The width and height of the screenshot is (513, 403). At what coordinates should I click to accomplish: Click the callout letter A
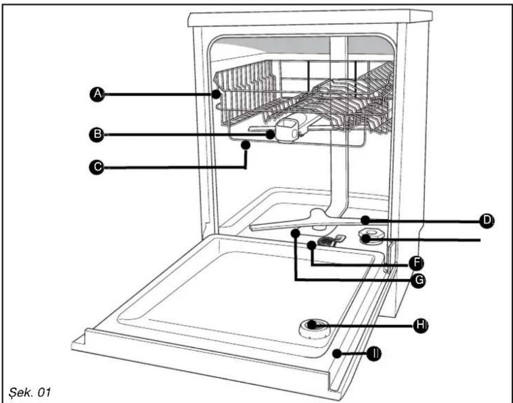click(97, 94)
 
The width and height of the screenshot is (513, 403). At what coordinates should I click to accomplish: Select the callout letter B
click(97, 135)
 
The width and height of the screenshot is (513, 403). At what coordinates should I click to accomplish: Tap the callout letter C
click(97, 167)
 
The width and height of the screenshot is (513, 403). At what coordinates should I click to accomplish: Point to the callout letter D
click(487, 221)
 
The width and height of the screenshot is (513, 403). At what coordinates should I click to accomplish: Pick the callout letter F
click(417, 262)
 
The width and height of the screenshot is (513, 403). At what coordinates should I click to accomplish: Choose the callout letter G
click(419, 280)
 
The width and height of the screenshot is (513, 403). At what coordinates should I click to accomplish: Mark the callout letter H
click(420, 325)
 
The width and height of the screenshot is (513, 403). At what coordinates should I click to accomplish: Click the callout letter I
click(374, 353)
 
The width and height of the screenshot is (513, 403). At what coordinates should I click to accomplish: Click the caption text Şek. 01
click(29, 392)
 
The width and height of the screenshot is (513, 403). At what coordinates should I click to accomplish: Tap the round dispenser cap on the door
click(314, 329)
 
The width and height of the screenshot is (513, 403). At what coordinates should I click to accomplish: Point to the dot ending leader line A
click(216, 94)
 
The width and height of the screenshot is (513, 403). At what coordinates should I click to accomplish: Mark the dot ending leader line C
click(246, 144)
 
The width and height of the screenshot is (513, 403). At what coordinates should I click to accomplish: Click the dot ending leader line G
click(296, 233)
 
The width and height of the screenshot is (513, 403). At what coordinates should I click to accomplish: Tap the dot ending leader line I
click(337, 353)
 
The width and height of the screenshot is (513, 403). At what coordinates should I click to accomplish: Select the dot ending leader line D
click(365, 220)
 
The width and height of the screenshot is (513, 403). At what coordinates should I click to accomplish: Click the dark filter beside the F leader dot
click(325, 241)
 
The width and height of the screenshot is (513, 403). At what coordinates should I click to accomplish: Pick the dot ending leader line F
click(312, 245)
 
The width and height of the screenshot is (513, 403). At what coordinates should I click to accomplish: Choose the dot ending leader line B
click(271, 134)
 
